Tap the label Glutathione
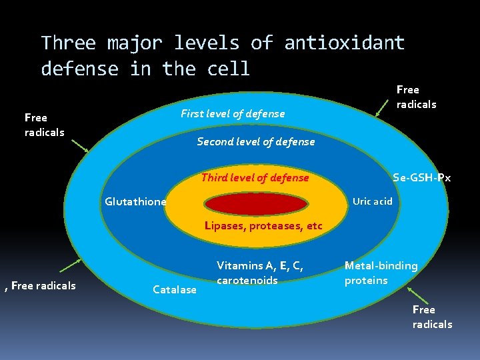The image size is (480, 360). point(135,202)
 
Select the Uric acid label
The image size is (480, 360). point(372,201)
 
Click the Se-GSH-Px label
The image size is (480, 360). point(421,177)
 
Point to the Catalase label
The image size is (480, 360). point(175,289)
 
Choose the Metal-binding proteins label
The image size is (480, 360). point(381,273)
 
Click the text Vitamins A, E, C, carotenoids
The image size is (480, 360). point(259,273)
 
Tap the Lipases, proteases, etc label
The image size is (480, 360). point(263,226)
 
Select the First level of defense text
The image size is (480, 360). point(233,114)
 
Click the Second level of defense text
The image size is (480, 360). point(255,141)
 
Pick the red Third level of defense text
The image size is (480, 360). point(255,177)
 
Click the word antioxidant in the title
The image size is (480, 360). point(344,43)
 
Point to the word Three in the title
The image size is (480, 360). point(68,43)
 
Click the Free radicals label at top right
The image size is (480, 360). point(416,97)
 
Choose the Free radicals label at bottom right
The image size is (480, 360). point(432,317)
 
